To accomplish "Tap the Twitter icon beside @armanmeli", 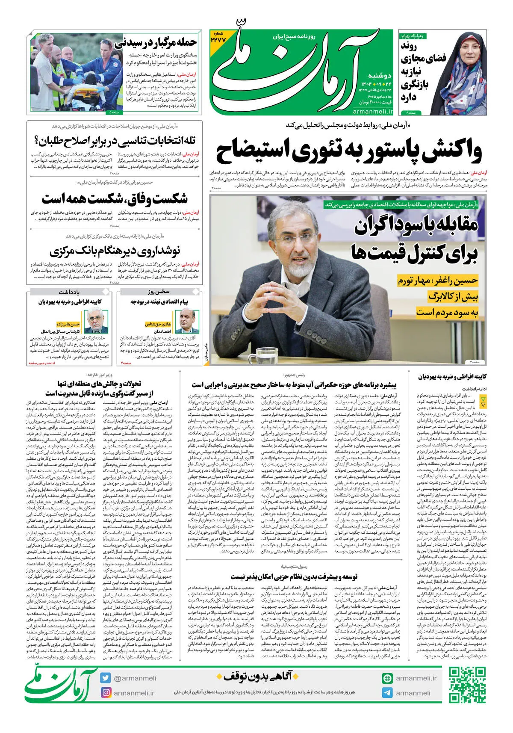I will click(106, 678).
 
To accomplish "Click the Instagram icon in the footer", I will click(106, 693).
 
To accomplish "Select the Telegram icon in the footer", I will click(387, 693).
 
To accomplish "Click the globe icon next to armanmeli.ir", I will click(387, 678).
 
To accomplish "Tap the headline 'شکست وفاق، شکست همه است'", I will click(115, 199).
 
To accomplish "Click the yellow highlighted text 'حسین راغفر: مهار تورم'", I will click(438, 281).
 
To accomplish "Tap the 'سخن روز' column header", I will click(159, 292).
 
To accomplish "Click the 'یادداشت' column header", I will click(69, 292).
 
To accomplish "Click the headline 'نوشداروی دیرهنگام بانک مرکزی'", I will click(115, 251).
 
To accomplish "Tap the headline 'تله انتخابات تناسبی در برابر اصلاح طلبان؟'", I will click(115, 141).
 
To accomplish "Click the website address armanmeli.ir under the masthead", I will click(373, 112).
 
